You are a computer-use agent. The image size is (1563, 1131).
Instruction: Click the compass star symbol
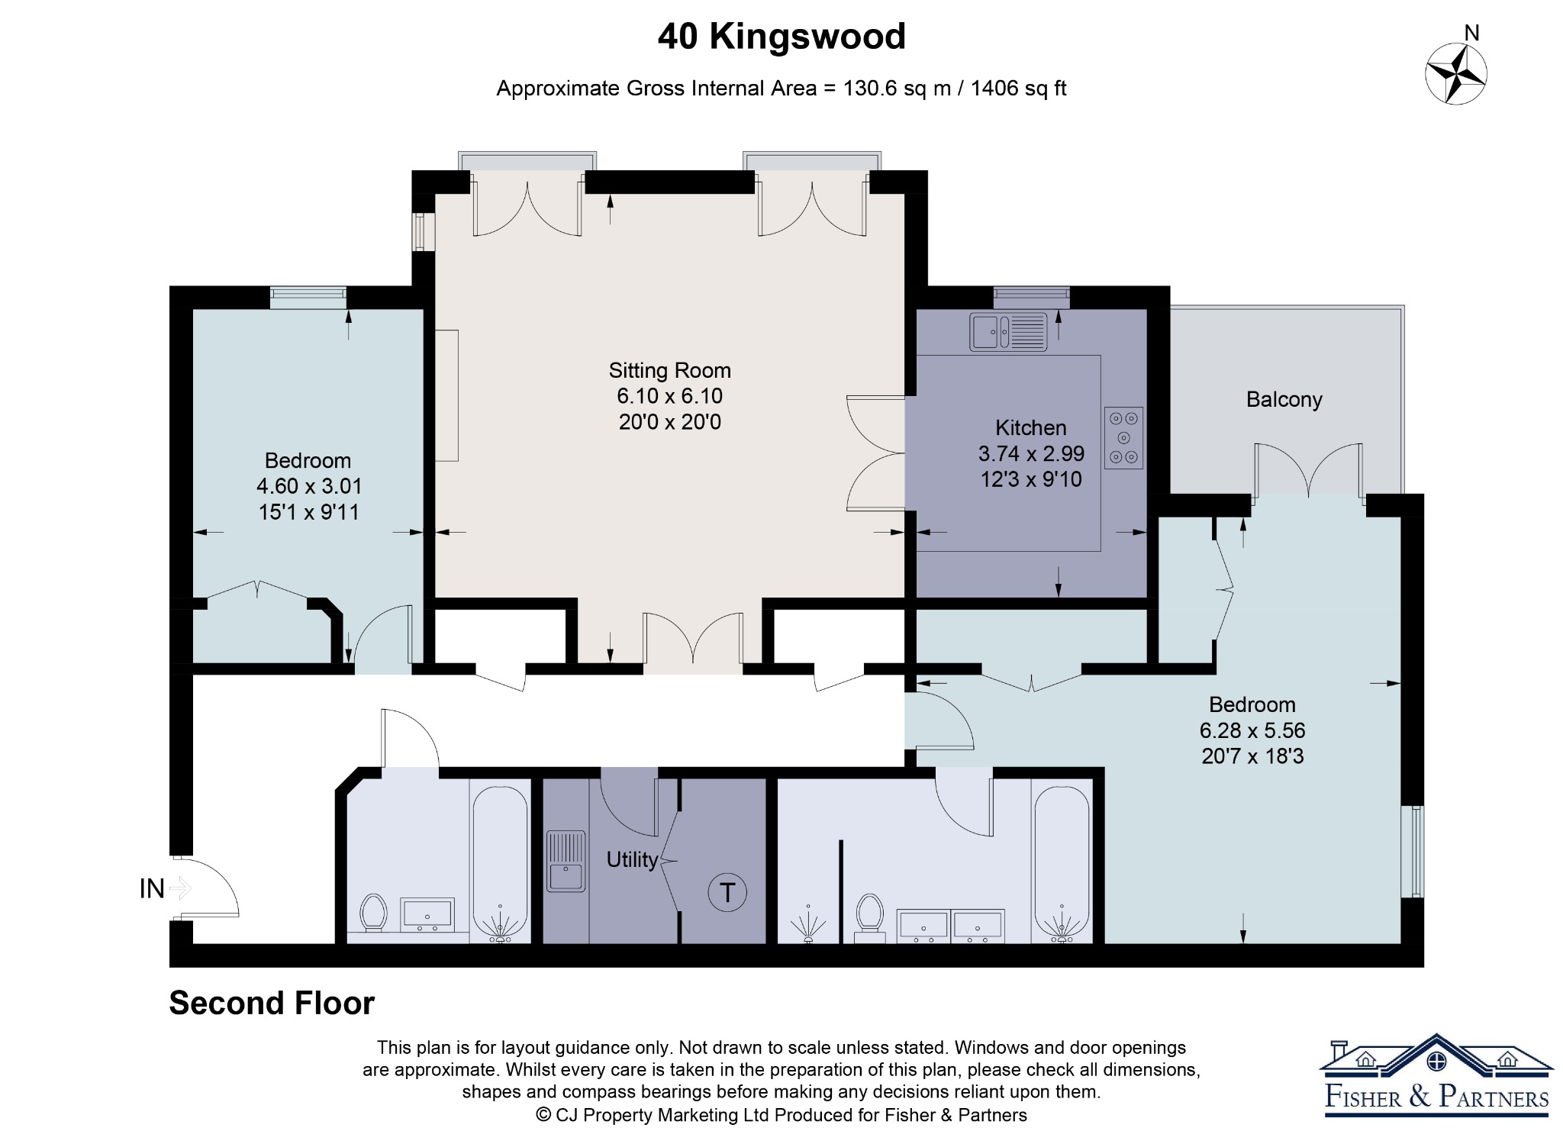(x=1456, y=74)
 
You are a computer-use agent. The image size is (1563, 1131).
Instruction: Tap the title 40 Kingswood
(x=781, y=36)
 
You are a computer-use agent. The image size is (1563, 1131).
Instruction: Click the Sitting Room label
(x=669, y=370)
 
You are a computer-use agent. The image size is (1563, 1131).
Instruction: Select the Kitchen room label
(x=1030, y=427)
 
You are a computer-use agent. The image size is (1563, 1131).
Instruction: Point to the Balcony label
(x=1284, y=399)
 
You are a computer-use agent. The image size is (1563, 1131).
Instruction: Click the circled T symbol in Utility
(x=727, y=892)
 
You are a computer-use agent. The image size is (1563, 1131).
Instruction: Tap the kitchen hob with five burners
(x=1123, y=438)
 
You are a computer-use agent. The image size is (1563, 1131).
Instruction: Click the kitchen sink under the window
(x=1008, y=332)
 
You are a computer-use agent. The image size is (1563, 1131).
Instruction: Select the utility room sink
(x=566, y=862)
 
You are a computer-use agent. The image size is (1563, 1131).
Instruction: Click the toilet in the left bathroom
(x=373, y=913)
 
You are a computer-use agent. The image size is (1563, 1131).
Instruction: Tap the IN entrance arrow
(x=180, y=888)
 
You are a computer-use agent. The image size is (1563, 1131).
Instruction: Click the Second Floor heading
(x=272, y=1003)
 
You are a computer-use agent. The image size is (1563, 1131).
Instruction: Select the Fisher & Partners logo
(x=1436, y=1075)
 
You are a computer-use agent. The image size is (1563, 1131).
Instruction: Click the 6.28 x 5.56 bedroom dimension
(x=1252, y=730)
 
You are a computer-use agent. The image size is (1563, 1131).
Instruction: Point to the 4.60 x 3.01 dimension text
(x=309, y=486)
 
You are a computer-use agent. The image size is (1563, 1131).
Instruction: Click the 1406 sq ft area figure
(x=1018, y=89)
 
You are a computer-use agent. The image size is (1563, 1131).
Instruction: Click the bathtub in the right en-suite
(x=1062, y=864)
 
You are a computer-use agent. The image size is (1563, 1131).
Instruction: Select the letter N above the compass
(x=1472, y=33)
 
